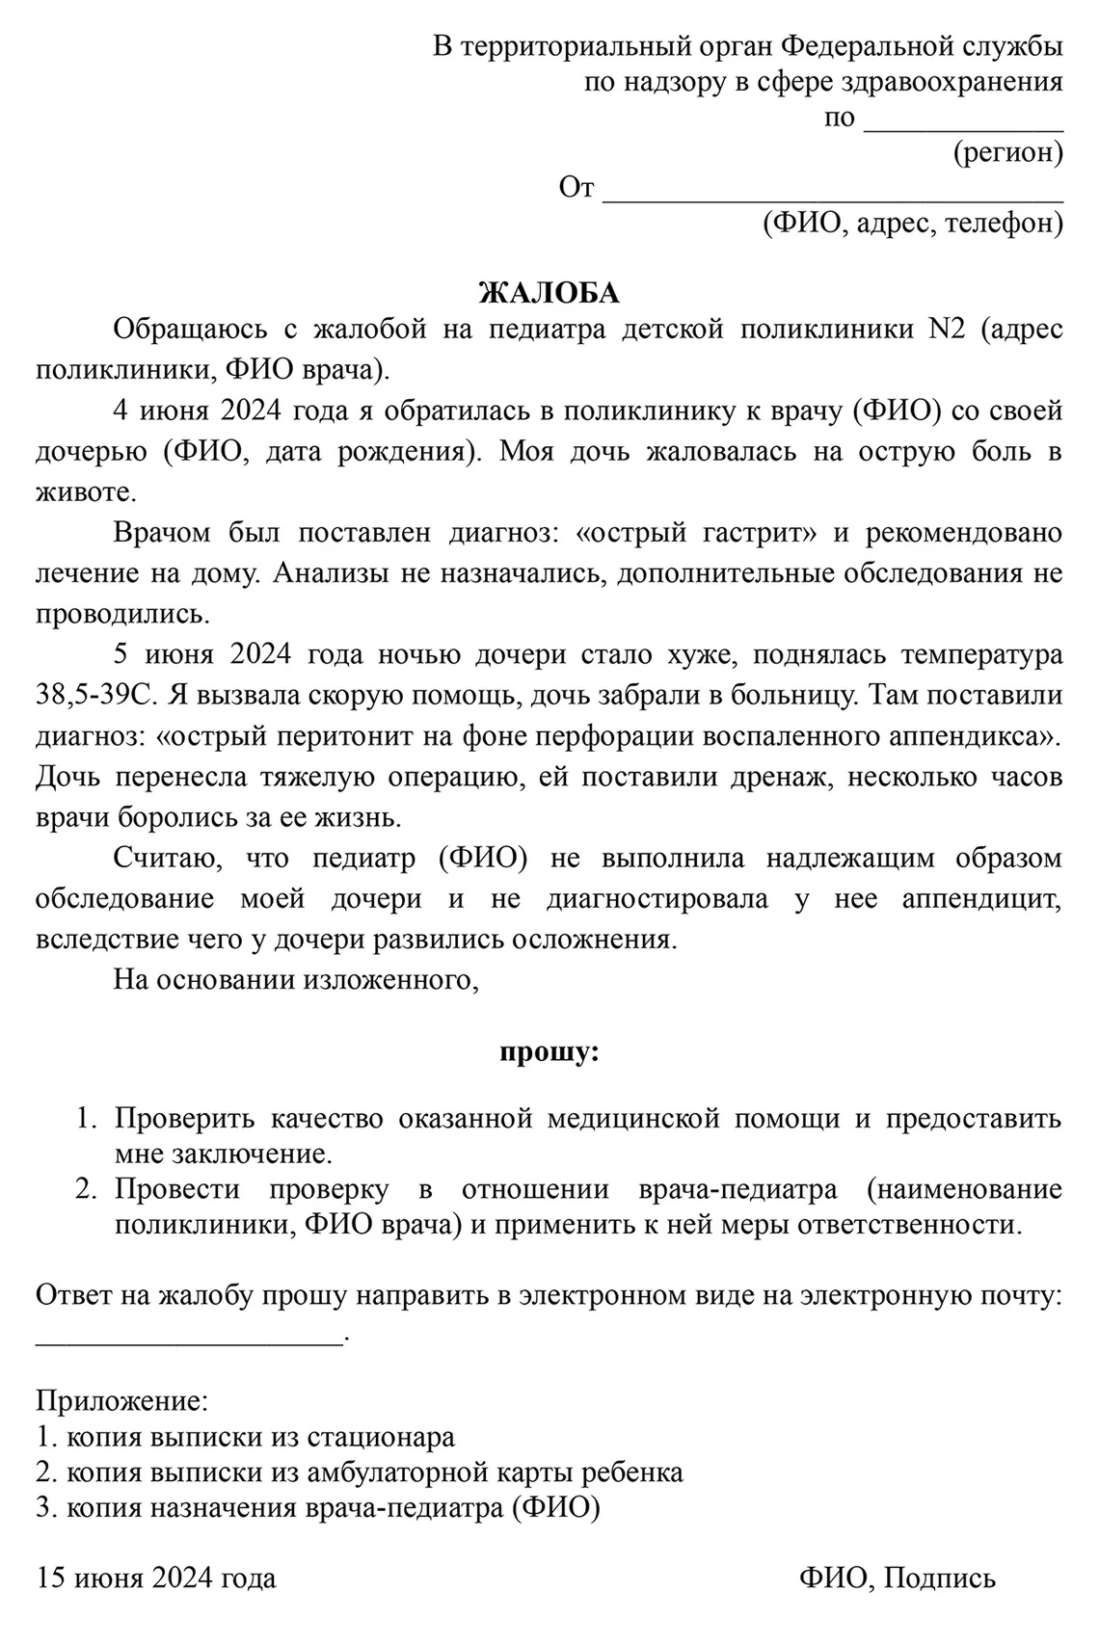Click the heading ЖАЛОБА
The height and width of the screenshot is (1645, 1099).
click(549, 292)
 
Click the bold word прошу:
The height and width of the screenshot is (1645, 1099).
click(549, 1050)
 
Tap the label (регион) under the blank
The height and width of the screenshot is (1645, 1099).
click(1007, 152)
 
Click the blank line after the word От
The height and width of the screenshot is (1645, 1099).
click(832, 193)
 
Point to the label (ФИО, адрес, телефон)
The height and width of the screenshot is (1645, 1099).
click(912, 224)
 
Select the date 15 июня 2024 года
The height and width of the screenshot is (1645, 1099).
click(156, 1578)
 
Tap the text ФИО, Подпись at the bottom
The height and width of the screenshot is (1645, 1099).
click(897, 1578)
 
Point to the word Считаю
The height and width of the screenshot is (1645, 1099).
click(161, 857)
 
